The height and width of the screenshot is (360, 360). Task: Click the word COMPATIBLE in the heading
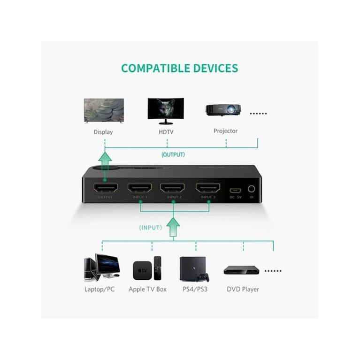point(150,69)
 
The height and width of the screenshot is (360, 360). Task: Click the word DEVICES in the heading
point(210,69)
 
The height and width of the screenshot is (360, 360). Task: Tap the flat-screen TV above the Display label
point(104,110)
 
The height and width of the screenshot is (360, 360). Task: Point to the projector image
point(223,110)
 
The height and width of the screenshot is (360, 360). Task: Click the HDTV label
point(166,132)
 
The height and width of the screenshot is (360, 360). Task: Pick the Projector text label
point(225,131)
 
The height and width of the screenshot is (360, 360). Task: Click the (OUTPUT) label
point(173,154)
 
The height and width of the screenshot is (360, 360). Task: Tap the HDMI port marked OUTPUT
point(105,188)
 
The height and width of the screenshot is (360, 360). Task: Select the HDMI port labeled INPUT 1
point(140,188)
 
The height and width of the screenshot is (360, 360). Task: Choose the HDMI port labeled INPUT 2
point(172,188)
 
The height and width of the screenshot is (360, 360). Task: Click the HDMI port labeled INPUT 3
point(207,188)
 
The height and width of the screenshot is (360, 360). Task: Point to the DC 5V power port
point(235,190)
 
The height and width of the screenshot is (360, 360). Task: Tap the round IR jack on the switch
point(252,189)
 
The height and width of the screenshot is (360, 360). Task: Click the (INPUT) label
point(150,228)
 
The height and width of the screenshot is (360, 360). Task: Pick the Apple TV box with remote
point(147,269)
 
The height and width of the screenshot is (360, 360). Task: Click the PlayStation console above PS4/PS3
point(190,268)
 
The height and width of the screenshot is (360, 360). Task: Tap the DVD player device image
point(241,270)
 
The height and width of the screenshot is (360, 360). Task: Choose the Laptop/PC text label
point(100,289)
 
